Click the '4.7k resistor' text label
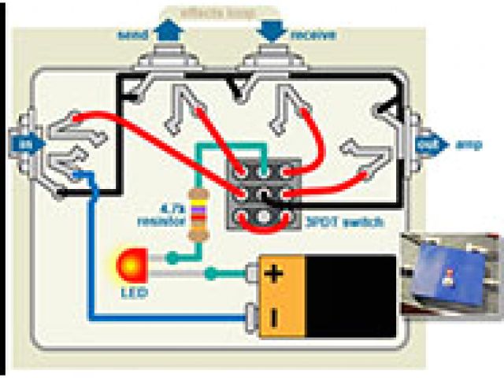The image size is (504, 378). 167,213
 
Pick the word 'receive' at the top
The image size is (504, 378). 313,35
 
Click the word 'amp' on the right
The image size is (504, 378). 465,146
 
